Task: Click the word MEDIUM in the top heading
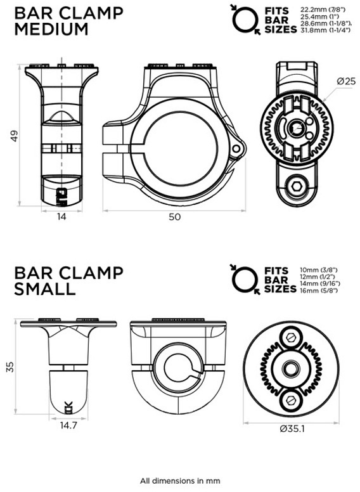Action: pyautogui.click(x=51, y=29)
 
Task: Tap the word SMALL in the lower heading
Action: pyautogui.click(x=45, y=288)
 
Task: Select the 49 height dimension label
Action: pyautogui.click(x=14, y=136)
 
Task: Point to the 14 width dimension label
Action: pyautogui.click(x=61, y=216)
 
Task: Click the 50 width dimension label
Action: pyautogui.click(x=175, y=216)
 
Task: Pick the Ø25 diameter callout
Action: pyautogui.click(x=346, y=81)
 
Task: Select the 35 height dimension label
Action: pyautogui.click(x=10, y=367)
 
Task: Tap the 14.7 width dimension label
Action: pyautogui.click(x=68, y=426)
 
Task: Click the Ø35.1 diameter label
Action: pyautogui.click(x=292, y=429)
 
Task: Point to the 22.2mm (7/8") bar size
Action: pyautogui.click(x=323, y=10)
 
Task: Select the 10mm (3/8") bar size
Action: pyautogui.click(x=319, y=270)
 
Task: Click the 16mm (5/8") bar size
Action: pyautogui.click(x=319, y=290)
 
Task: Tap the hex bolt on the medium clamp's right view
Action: pyautogui.click(x=297, y=187)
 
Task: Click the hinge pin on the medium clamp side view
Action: pyautogui.click(x=236, y=149)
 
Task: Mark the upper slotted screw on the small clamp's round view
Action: pyautogui.click(x=292, y=338)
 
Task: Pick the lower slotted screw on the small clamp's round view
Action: pyautogui.click(x=292, y=400)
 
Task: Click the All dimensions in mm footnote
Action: pyautogui.click(x=180, y=481)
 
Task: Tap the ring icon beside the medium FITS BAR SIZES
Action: pyautogui.click(x=245, y=20)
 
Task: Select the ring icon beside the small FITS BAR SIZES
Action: pyautogui.click(x=245, y=280)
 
